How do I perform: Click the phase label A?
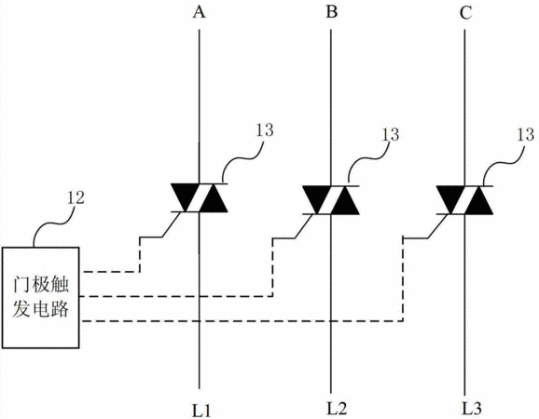(x=199, y=12)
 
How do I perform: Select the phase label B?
(x=331, y=12)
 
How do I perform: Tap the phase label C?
(x=465, y=13)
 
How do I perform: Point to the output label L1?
(x=201, y=410)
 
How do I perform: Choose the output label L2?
(x=337, y=408)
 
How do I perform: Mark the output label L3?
(x=471, y=409)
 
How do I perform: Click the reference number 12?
(x=76, y=197)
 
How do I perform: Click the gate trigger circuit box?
(x=40, y=298)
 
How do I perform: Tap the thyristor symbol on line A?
(x=199, y=198)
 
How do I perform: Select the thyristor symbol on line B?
(x=331, y=200)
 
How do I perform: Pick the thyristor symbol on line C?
(x=464, y=200)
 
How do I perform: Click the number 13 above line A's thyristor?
(x=264, y=130)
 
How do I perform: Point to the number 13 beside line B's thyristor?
(x=391, y=134)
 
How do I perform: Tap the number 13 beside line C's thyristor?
(x=525, y=134)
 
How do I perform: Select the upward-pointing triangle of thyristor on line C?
(x=478, y=201)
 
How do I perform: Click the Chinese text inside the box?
(x=40, y=297)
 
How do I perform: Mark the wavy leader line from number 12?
(x=55, y=224)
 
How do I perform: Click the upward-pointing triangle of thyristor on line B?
(x=345, y=201)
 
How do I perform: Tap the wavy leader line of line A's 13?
(x=242, y=159)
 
